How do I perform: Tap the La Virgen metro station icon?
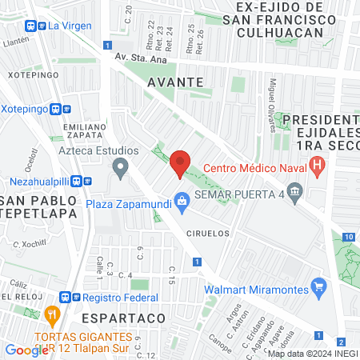coord(35,25)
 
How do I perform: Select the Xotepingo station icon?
coord(56,110)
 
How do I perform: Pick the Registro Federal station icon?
coord(77,298)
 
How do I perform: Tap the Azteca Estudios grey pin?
coord(121,168)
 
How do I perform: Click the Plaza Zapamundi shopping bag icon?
coord(182,201)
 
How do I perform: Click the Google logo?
coord(26,350)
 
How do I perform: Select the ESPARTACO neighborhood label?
coord(134,318)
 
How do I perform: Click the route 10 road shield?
coord(348,237)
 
